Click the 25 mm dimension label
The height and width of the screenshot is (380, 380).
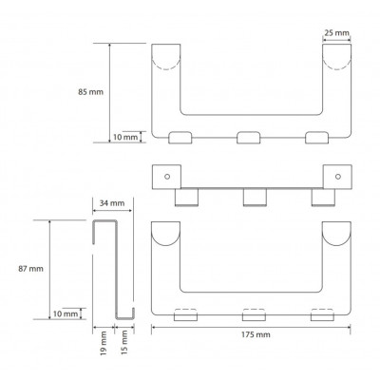(337, 32)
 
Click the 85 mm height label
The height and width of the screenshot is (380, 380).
(90, 92)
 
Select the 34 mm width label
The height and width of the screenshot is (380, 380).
(112, 203)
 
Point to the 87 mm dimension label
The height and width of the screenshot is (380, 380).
(30, 269)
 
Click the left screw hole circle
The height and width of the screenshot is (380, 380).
(167, 177)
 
